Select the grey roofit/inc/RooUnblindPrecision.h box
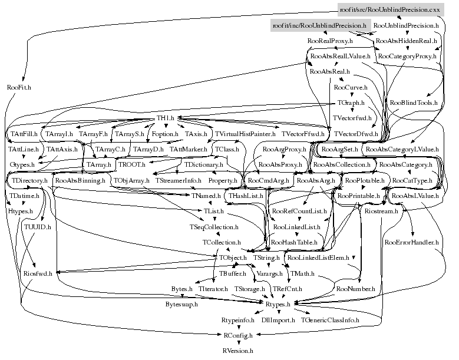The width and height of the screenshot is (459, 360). click(x=319, y=26)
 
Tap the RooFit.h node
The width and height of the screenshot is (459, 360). click(x=19, y=87)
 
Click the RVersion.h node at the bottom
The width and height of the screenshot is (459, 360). click(x=237, y=350)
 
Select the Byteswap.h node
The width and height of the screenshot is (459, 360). click(x=181, y=305)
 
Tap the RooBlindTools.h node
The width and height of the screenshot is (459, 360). click(x=414, y=103)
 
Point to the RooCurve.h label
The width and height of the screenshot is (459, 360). click(x=351, y=87)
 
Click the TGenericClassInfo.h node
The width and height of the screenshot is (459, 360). click(x=330, y=319)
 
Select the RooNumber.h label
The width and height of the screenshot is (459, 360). click(x=355, y=289)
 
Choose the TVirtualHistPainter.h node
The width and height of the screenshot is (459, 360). click(x=242, y=134)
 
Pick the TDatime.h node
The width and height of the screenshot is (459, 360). click(x=24, y=195)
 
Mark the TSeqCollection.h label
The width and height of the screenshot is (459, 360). click(x=214, y=226)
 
